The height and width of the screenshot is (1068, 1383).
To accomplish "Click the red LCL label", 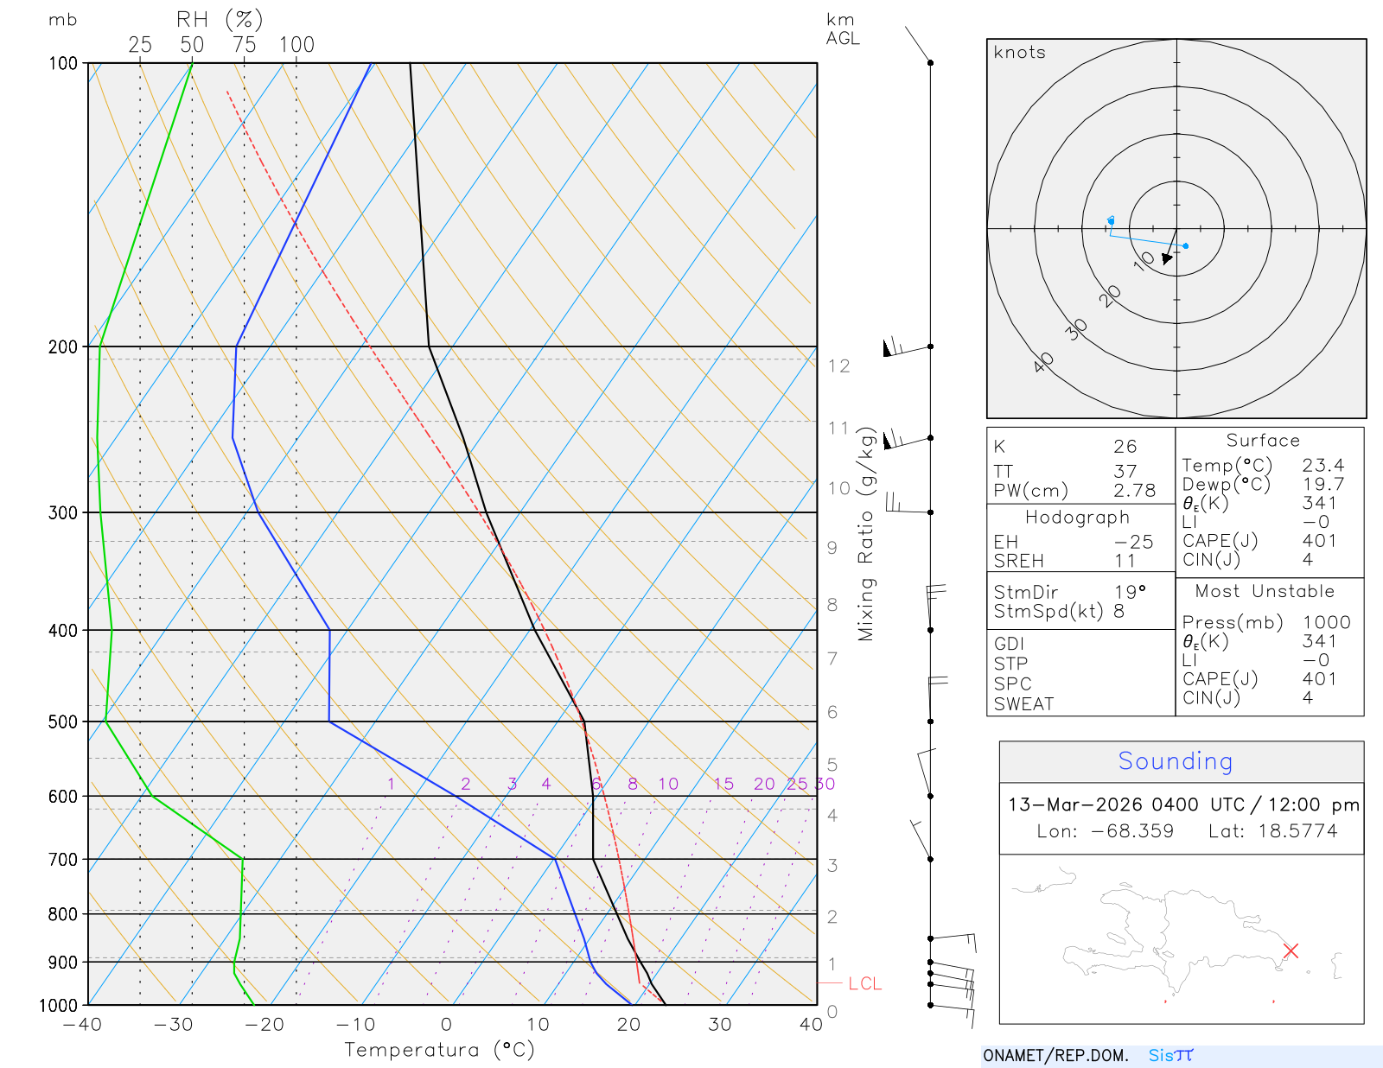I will click(864, 983).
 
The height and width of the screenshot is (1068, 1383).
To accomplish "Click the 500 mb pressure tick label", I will click(63, 722).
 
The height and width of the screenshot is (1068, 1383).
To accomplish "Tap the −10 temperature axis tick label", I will click(355, 1025).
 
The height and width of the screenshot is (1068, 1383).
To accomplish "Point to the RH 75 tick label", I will click(245, 45).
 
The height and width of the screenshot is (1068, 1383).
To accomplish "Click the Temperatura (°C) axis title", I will click(439, 1050).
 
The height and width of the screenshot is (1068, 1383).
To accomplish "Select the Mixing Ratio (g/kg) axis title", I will click(866, 534).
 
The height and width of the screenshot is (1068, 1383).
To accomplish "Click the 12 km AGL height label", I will click(838, 366).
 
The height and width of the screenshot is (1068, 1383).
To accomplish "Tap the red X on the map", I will click(1291, 950).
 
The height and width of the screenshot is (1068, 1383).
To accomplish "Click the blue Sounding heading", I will click(1175, 761).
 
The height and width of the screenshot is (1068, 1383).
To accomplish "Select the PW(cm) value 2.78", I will click(1134, 491).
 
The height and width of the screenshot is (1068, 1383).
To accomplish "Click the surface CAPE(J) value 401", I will click(1319, 541).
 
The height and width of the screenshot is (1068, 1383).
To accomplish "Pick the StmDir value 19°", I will click(1130, 592).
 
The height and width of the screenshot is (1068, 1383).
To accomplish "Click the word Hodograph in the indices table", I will click(1077, 518).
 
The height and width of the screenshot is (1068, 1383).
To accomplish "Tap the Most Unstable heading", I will click(1265, 592).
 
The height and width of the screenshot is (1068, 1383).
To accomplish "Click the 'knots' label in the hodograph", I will click(1019, 53).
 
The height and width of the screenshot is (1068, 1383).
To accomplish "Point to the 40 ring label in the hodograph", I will click(1044, 362).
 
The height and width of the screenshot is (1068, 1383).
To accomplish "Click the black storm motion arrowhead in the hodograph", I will click(1168, 257).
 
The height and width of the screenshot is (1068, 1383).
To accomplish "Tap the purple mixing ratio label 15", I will click(723, 784).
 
